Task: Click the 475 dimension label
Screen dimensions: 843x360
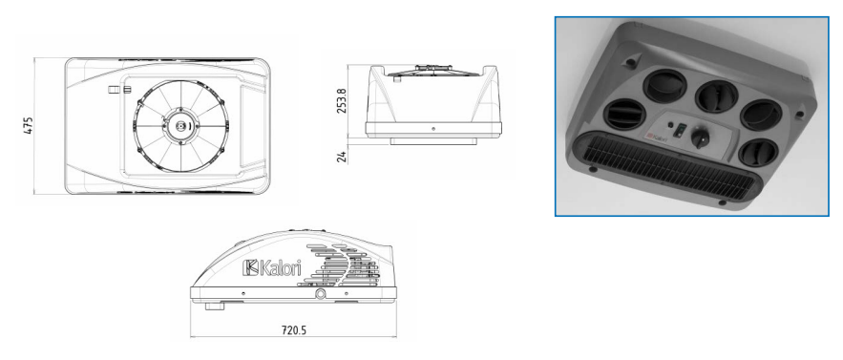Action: (29, 125)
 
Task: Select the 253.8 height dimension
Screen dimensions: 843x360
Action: (342, 100)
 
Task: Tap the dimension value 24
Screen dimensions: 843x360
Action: (343, 157)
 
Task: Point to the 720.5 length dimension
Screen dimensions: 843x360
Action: (293, 329)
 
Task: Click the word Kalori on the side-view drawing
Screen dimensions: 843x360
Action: (280, 267)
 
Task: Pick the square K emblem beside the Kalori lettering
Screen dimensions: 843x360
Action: (250, 267)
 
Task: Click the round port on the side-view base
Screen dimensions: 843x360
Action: (321, 294)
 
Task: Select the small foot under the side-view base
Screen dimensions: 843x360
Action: (214, 307)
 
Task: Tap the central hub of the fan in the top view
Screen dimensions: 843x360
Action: (181, 126)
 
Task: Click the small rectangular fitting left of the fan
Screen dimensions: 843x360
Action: (118, 90)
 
